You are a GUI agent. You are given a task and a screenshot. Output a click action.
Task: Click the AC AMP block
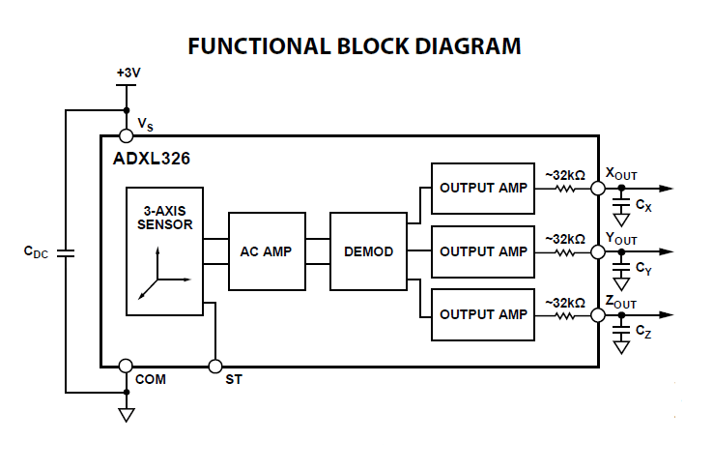tap(266, 251)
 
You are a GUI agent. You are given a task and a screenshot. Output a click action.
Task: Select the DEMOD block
tap(368, 251)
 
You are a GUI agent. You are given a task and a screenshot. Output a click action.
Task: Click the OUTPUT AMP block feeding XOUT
tap(483, 188)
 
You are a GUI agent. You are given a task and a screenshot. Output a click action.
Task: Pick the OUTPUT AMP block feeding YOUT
tap(483, 251)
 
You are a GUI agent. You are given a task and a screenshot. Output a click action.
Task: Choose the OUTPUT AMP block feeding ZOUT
tap(483, 314)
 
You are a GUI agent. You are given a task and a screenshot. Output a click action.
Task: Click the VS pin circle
tap(126, 136)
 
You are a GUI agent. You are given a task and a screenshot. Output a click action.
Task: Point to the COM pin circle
tap(126, 366)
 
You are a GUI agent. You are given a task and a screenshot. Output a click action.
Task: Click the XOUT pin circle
tap(599, 188)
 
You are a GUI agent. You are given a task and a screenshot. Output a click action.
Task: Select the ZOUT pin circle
tap(599, 314)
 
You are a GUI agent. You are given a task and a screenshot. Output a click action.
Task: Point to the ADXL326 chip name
tap(145, 159)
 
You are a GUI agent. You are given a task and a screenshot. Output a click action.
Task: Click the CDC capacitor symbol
tap(66, 253)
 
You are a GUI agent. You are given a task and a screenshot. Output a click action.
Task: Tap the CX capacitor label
tap(644, 206)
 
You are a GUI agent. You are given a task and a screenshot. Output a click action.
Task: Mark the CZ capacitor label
tap(644, 332)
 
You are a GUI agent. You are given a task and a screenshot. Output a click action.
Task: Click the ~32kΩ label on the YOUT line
tap(565, 238)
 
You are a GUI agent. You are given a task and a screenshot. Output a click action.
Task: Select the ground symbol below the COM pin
tap(126, 414)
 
